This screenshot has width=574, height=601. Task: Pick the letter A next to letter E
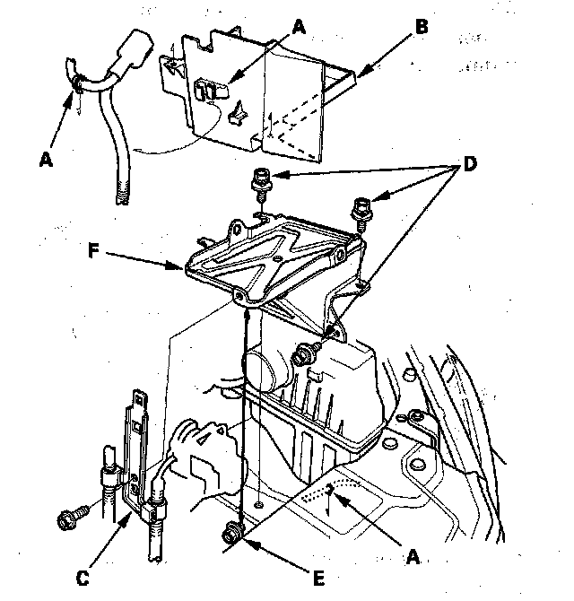tap(413, 557)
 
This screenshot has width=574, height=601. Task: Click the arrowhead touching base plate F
tap(180, 266)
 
